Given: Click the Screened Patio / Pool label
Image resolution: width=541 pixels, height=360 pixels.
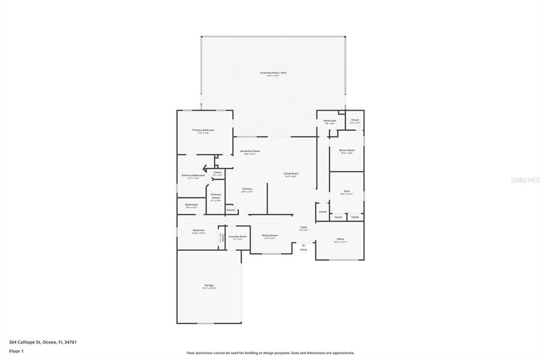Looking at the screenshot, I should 273,73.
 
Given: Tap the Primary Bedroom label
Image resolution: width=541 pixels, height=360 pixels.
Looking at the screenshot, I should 203,130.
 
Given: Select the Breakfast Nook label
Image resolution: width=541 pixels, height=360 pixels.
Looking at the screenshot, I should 250,151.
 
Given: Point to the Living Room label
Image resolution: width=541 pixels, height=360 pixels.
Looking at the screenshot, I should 291,174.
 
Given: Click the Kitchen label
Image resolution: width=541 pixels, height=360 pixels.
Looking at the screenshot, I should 247,189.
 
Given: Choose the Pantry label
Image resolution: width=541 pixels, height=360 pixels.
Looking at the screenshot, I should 231,210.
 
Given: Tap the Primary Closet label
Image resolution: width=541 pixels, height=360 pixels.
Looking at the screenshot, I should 216,196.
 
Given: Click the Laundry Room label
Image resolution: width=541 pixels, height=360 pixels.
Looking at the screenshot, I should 238,236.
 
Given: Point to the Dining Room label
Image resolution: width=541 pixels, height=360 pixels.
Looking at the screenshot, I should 270,235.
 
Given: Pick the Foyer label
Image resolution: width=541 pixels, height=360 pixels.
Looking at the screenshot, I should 303,228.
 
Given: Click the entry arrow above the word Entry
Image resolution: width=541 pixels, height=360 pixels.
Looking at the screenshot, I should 303,245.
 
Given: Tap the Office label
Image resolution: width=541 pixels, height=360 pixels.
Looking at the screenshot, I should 340,239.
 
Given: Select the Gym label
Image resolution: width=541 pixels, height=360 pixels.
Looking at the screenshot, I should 347,191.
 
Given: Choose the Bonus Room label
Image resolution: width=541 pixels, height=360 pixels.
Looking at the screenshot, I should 347,150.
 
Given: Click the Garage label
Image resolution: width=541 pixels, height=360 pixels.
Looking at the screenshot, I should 209,286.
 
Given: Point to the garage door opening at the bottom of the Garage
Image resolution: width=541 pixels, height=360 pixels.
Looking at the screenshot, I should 206,323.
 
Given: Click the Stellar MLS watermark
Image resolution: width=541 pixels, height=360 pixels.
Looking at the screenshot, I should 525,180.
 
